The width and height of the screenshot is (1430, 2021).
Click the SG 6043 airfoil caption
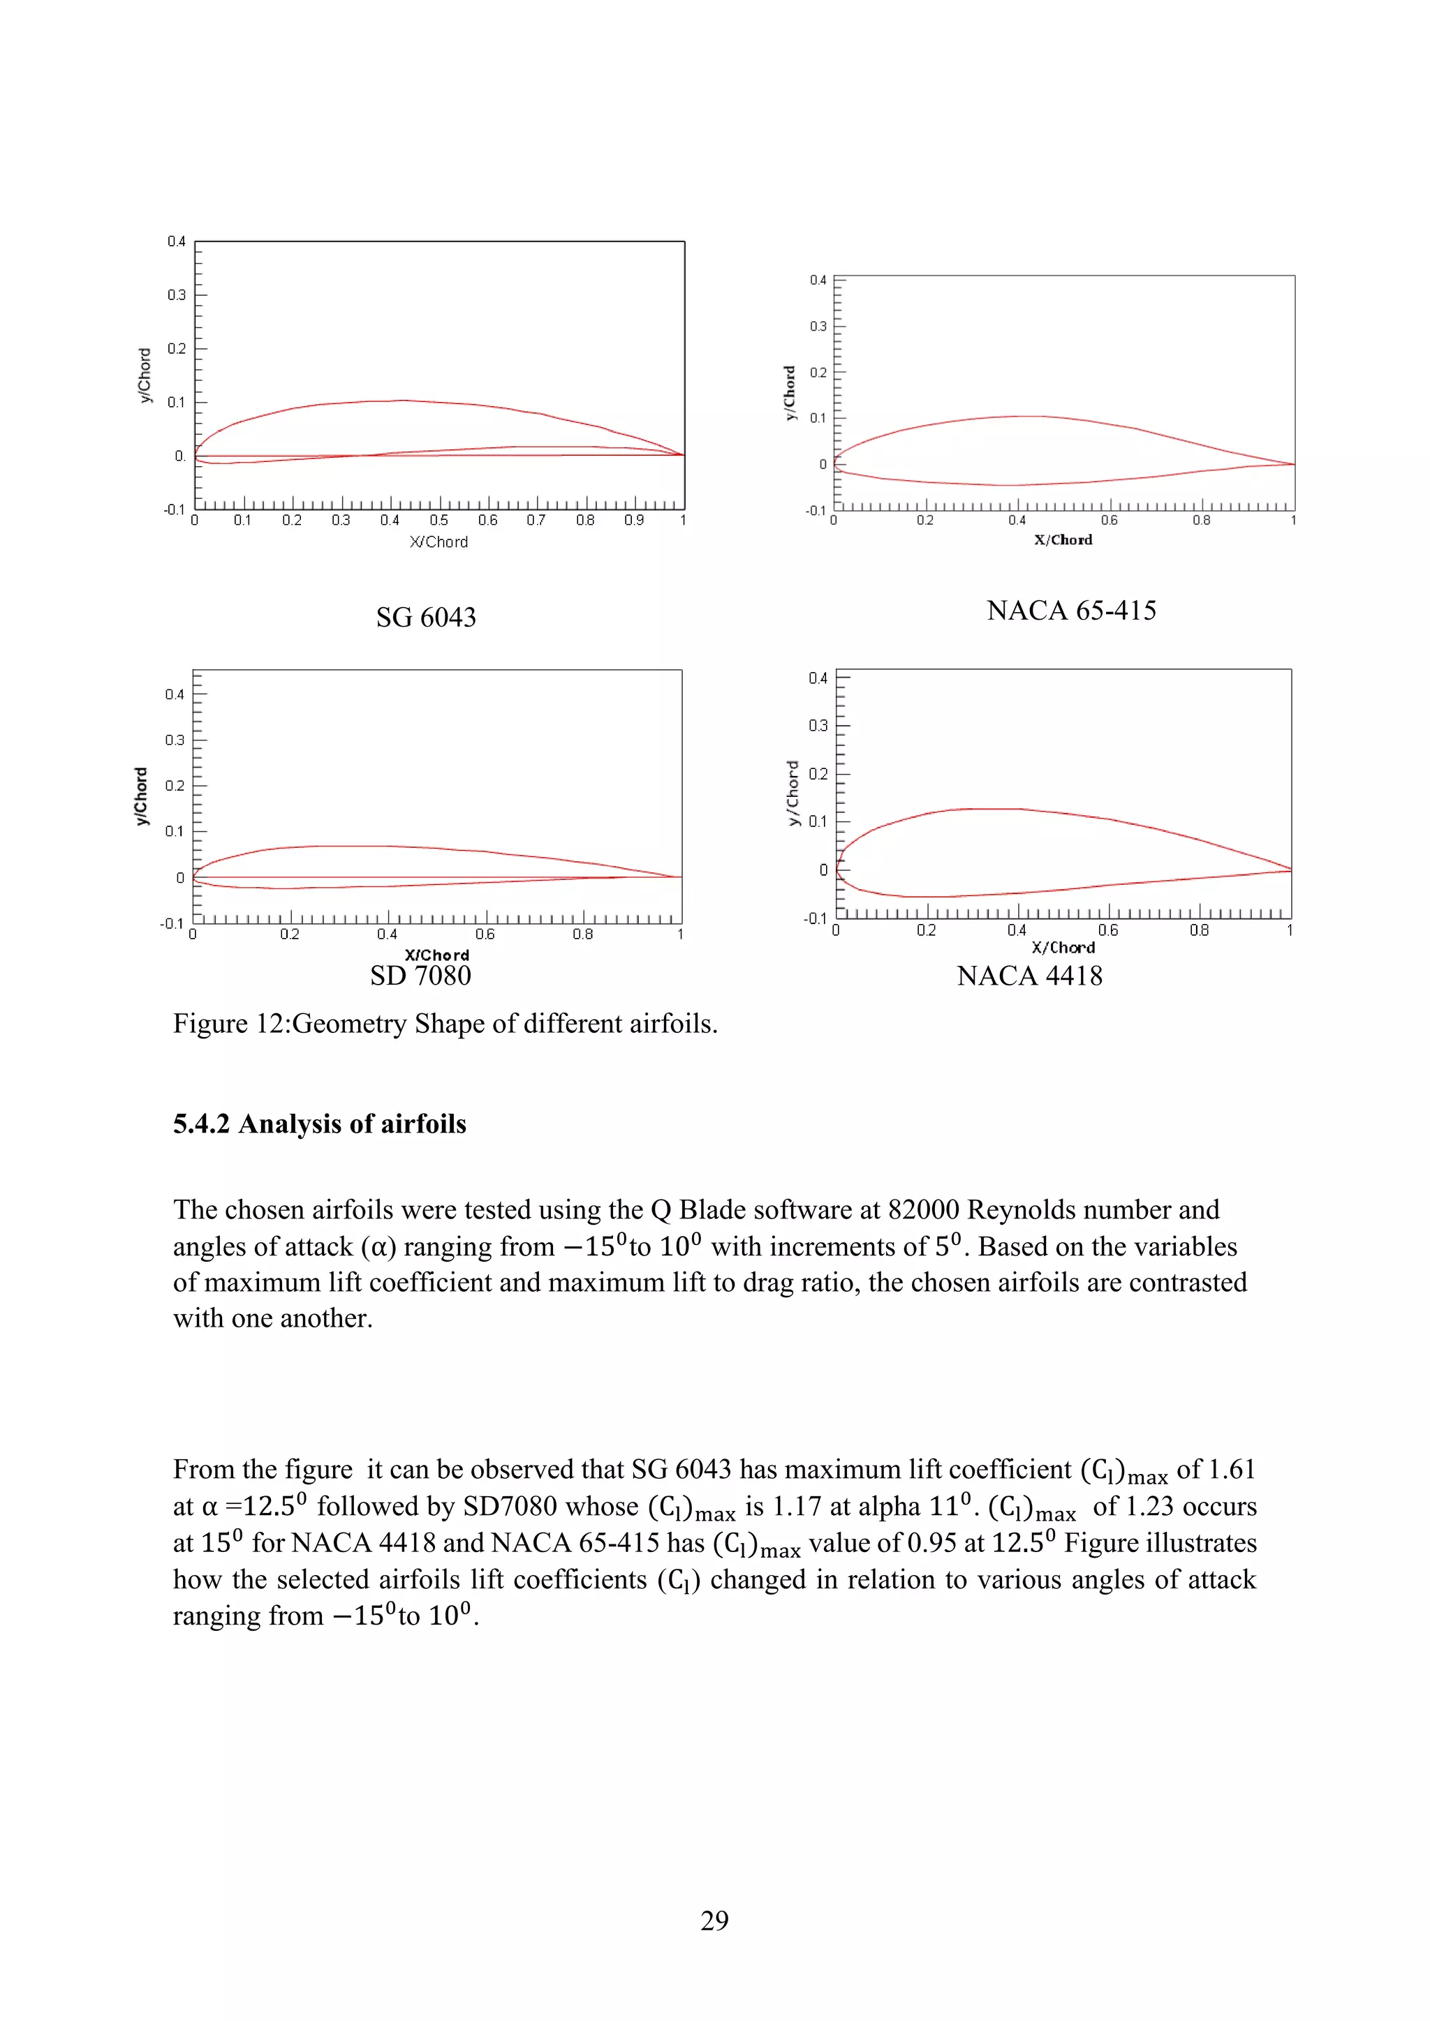(x=425, y=617)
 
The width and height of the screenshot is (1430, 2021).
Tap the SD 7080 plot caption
(x=420, y=976)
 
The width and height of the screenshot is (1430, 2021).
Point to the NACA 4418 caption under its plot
(x=1029, y=976)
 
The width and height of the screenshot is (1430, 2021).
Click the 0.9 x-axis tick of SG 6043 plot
(x=634, y=520)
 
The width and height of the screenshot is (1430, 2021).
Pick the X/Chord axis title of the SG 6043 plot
(x=438, y=542)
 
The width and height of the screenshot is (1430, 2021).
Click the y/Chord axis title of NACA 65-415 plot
(x=790, y=393)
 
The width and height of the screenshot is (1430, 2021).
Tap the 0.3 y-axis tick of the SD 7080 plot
(x=175, y=740)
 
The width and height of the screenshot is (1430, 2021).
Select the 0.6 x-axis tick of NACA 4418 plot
(x=1107, y=930)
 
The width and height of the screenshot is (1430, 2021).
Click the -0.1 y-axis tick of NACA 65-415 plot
(x=816, y=511)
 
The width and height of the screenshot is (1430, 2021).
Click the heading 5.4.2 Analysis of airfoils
(x=319, y=1124)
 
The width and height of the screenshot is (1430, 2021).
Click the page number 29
(x=714, y=1920)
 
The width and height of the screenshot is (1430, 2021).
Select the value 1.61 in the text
(x=1231, y=1469)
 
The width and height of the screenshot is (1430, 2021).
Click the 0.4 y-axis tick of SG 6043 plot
(x=176, y=241)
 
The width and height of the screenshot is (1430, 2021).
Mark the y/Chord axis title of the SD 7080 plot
(x=141, y=796)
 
